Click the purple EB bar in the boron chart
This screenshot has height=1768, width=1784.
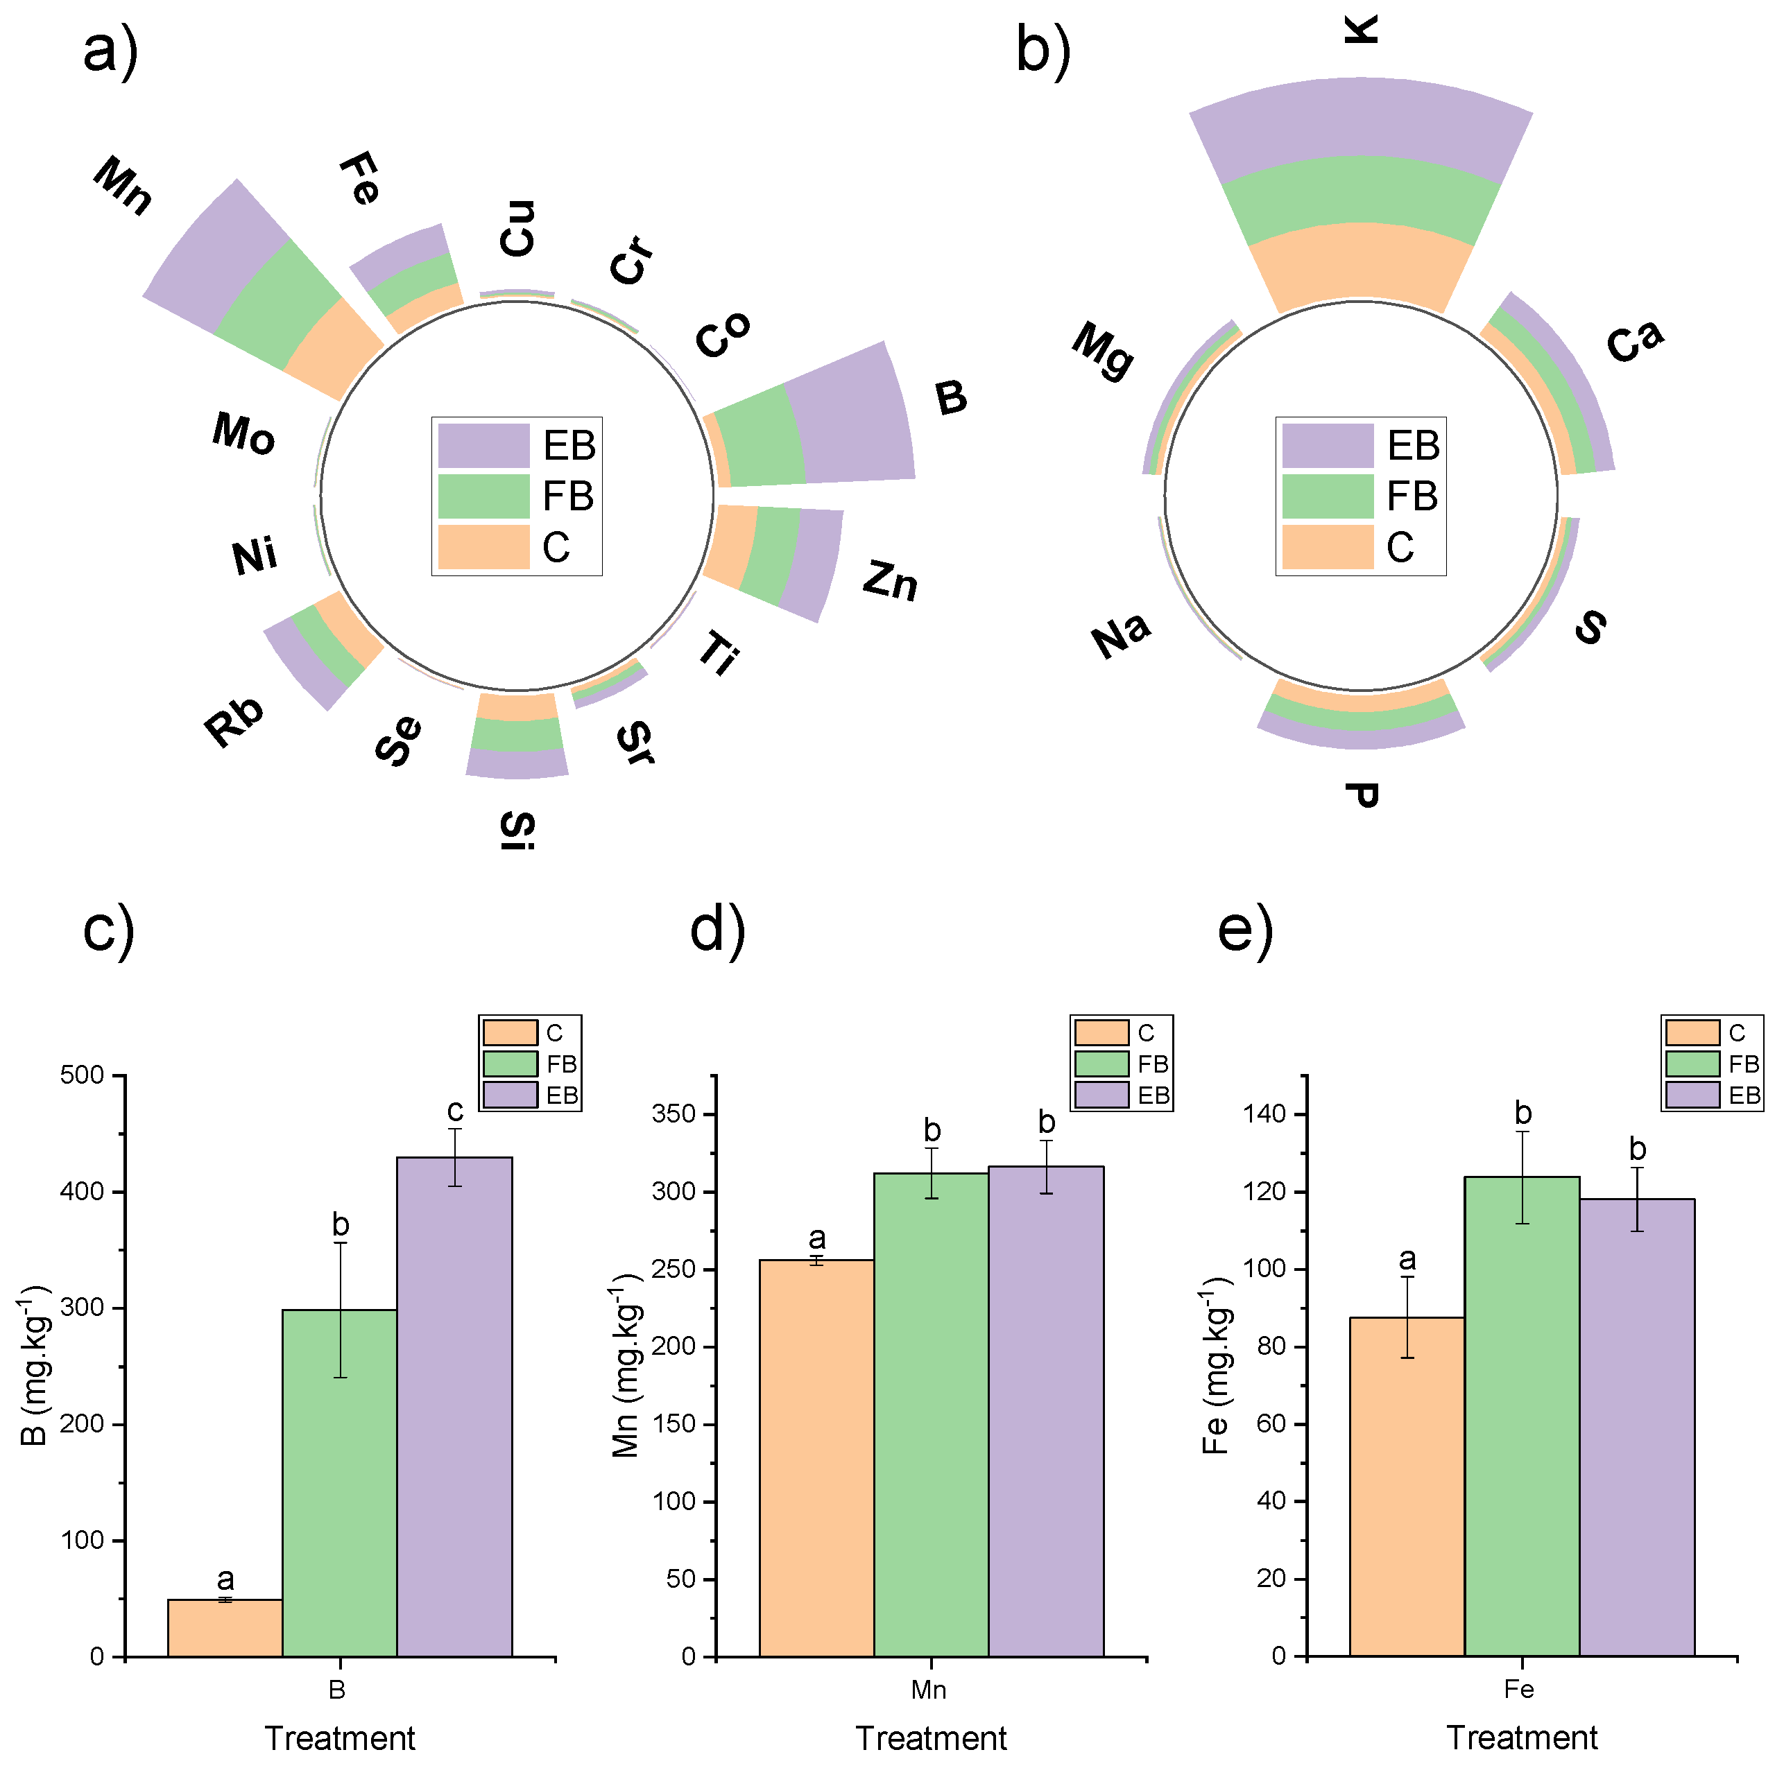[x=454, y=1403]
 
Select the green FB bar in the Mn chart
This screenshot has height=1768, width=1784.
[x=931, y=1412]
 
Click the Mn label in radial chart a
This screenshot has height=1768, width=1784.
[x=123, y=184]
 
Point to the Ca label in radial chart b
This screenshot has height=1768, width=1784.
[x=1634, y=342]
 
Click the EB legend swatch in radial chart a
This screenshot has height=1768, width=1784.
[x=483, y=446]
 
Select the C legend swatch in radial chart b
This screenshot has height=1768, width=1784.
[x=1327, y=546]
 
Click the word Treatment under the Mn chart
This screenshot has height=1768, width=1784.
[x=931, y=1737]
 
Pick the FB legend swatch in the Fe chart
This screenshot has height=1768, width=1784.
[x=1692, y=1064]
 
